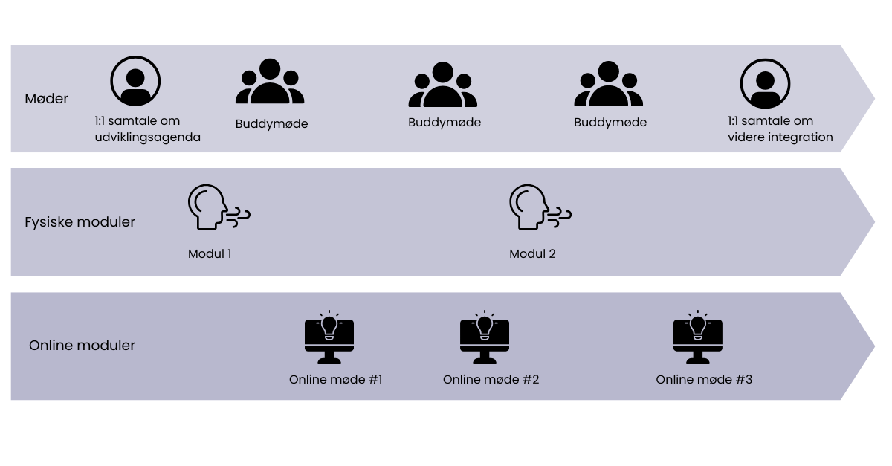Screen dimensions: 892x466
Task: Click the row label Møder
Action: (46, 99)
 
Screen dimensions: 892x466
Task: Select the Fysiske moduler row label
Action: (80, 222)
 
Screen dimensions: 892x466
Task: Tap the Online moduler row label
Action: (82, 346)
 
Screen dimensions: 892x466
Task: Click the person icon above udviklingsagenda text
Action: (135, 82)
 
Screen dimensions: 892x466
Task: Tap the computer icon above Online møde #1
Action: (329, 339)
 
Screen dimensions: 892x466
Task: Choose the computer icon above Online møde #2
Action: (485, 339)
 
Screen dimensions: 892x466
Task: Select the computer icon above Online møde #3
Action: (697, 339)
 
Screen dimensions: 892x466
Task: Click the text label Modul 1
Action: (209, 254)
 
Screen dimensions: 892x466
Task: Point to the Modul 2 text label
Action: (532, 254)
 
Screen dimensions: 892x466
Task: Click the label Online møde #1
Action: (335, 380)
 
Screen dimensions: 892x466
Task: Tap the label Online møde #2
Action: (491, 380)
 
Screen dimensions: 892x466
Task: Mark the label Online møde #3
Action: (704, 380)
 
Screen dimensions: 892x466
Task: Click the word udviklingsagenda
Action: (147, 137)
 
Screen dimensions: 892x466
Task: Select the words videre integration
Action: (780, 137)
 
